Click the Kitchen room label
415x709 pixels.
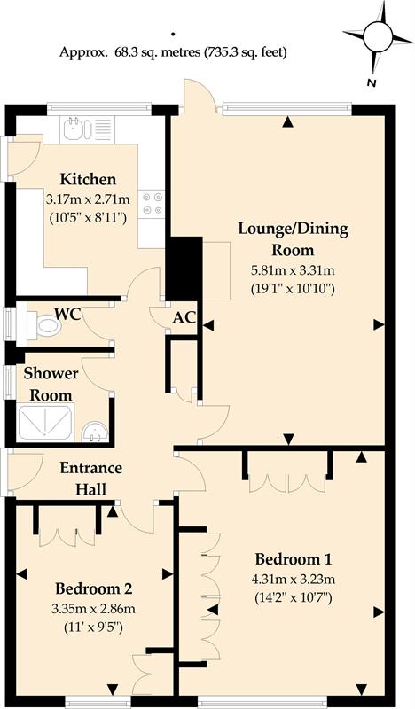pyautogui.click(x=89, y=180)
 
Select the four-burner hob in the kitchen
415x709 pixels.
pyautogui.click(x=152, y=203)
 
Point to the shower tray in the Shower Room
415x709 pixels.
pyautogui.click(x=45, y=424)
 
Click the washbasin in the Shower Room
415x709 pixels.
pyautogui.click(x=95, y=432)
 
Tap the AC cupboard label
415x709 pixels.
pyautogui.click(x=184, y=318)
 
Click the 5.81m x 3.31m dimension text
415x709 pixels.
pyautogui.click(x=293, y=271)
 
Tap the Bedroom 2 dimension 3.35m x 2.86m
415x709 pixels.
pyautogui.click(x=94, y=609)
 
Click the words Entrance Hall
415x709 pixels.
pyautogui.click(x=91, y=478)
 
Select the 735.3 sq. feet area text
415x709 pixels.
pyautogui.click(x=246, y=52)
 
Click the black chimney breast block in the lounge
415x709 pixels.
pyautogui.click(x=184, y=269)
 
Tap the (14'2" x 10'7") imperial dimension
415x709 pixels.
pyautogui.click(x=293, y=597)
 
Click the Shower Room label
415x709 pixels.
pyautogui.click(x=51, y=384)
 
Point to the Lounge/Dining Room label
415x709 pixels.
pyautogui.click(x=294, y=239)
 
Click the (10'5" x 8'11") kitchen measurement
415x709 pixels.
pyautogui.click(x=89, y=218)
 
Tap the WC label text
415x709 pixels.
pyautogui.click(x=68, y=314)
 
